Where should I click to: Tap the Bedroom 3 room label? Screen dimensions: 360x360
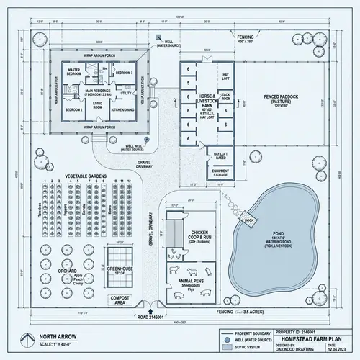point(123,73)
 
